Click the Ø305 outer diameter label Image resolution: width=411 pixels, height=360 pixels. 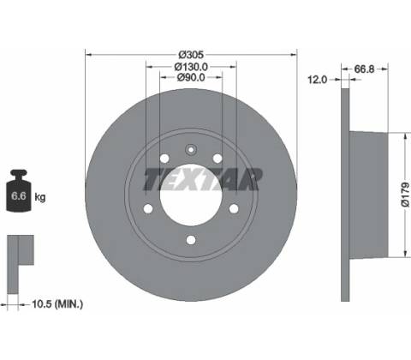tap(191, 54)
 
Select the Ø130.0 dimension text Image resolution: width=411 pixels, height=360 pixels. tap(191, 67)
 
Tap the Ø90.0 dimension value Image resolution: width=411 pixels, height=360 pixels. tap(191, 77)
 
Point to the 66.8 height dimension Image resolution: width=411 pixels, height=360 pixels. tap(364, 69)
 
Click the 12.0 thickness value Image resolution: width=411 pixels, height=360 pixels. tap(317, 80)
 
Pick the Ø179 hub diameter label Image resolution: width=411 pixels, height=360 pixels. tap(405, 195)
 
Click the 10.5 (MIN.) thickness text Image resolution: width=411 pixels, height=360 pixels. tap(57, 304)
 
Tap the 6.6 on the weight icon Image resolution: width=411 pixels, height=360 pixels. tap(18, 196)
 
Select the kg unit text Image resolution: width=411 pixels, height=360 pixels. tap(40, 197)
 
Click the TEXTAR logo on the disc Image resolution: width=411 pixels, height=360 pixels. tap(202, 179)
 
